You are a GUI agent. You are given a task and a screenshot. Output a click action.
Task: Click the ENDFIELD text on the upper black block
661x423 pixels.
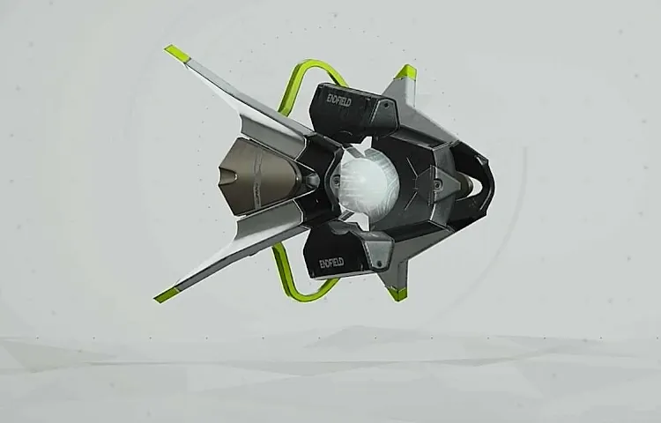point(339,100)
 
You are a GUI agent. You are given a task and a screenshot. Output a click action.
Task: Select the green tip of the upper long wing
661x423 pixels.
point(175,53)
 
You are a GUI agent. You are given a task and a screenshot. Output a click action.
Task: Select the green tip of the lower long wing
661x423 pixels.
point(167,294)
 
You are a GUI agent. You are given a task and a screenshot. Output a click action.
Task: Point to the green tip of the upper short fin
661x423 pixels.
point(406,73)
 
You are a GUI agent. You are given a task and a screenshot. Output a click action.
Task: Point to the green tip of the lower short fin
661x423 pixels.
point(397,293)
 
